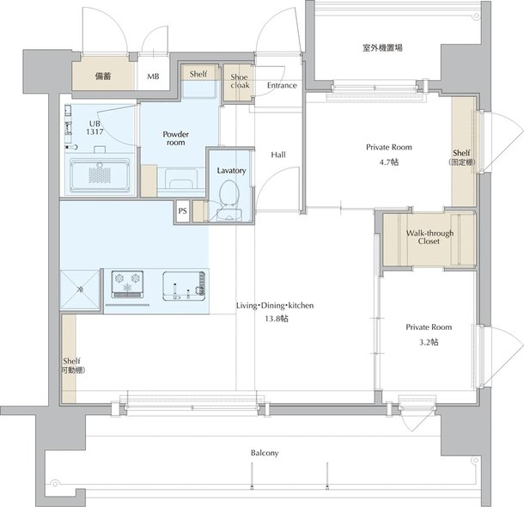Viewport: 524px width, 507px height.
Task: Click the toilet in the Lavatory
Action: [x=228, y=193]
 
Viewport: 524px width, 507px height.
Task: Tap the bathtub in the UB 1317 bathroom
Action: [x=100, y=176]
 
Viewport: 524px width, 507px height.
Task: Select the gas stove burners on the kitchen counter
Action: [x=127, y=284]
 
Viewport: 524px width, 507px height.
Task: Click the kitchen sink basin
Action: [x=184, y=286]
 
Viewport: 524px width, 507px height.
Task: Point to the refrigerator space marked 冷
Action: [x=80, y=290]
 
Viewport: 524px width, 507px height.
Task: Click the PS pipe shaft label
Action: [x=182, y=211]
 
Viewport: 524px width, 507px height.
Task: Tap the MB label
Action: [x=154, y=76]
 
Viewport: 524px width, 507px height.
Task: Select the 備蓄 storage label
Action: [x=103, y=76]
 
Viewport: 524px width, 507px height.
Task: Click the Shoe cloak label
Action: [x=240, y=82]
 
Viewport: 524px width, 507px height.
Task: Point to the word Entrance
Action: [x=282, y=86]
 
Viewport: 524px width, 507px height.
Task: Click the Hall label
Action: [x=278, y=155]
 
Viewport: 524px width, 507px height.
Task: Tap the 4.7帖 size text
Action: [x=389, y=162]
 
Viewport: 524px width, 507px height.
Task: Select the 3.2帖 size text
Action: [x=429, y=342]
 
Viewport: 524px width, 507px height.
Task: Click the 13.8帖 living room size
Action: [x=277, y=319]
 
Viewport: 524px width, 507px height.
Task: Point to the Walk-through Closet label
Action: [x=430, y=237]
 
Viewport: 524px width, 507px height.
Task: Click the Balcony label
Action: [x=265, y=453]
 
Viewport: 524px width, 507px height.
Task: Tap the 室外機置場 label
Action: [x=382, y=48]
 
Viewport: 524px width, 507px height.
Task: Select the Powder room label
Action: [x=176, y=138]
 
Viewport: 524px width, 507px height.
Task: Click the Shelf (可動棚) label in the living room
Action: [x=73, y=365]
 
